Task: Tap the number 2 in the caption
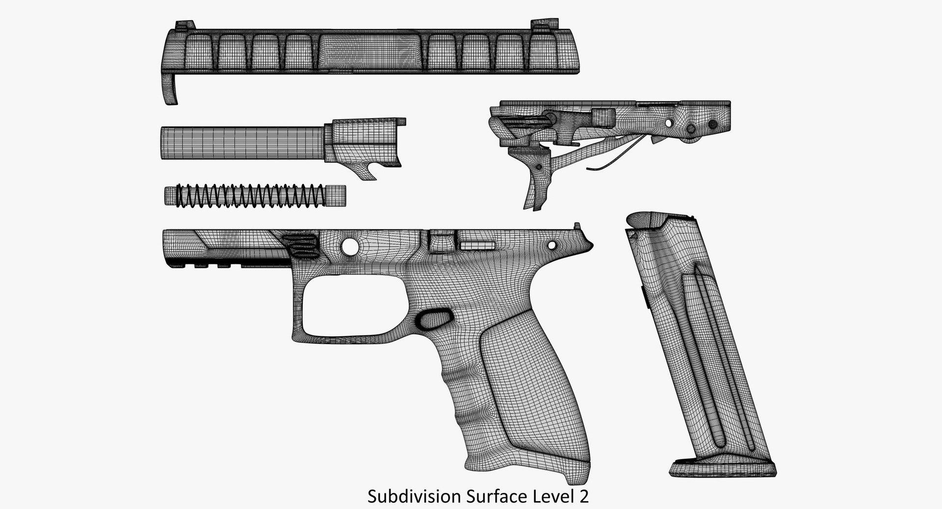click(583, 497)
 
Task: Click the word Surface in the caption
click(494, 497)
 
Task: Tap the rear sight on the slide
click(540, 25)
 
